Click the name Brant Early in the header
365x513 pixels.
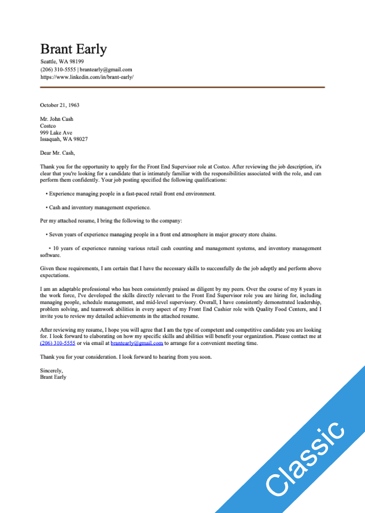tap(73, 49)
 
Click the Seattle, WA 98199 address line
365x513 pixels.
tap(62, 62)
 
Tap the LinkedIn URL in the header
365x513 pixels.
tap(87, 77)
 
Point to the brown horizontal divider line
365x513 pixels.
tap(182, 87)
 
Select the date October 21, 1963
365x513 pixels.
tap(60, 105)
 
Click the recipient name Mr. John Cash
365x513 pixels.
tap(57, 119)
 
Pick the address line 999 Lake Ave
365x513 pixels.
tap(56, 132)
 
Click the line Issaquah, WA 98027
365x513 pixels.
tap(64, 139)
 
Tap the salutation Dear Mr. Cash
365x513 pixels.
tap(57, 153)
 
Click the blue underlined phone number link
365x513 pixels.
tap(57, 343)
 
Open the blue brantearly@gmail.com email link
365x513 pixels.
tap(136, 343)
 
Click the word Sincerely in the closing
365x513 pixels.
tap(51, 370)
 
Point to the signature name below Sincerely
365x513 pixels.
tap(53, 377)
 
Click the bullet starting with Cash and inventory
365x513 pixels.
tap(99, 208)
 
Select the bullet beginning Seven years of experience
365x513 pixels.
tap(162, 235)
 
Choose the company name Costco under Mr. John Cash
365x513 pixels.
tap(48, 126)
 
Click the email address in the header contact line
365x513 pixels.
tap(106, 70)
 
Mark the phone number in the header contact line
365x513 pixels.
tap(58, 70)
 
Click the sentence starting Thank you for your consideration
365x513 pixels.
tap(126, 356)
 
